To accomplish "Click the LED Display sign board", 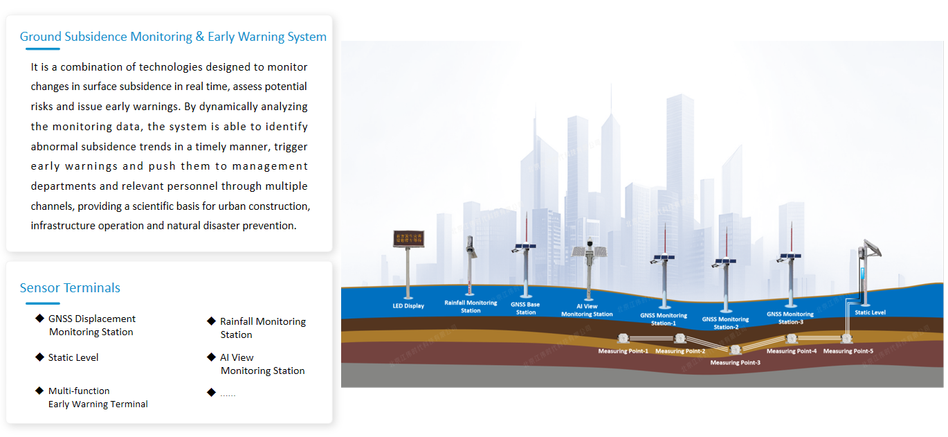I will point(408,239).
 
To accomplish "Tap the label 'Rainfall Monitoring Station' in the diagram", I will point(471,307).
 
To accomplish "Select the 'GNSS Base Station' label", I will point(525,308).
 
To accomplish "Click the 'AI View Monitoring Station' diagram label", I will point(587,310).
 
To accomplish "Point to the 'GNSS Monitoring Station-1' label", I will point(664,319).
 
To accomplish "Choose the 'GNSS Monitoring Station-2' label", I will point(725,323).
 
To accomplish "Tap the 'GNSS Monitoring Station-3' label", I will point(790,318).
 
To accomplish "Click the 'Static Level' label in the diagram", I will point(870,312).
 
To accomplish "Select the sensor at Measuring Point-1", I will point(623,339).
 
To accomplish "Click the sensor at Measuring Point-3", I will point(735,350).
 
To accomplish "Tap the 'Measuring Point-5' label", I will point(848,351).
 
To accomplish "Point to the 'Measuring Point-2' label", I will point(680,351).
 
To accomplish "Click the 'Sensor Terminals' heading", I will point(70,288).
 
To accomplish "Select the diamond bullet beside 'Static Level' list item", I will point(39,357).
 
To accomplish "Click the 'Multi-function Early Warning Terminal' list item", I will point(98,398).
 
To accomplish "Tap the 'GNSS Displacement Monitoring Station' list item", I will point(91,325).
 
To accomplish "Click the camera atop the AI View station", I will point(590,244).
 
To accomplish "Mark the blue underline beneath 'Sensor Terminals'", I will point(43,303).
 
